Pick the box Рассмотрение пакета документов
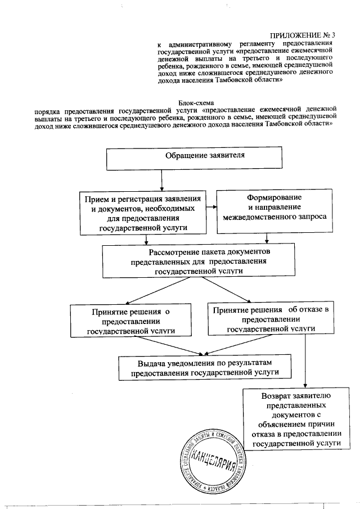coord(199,259)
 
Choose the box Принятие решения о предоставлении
coord(130,320)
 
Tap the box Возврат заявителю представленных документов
coord(297,421)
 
